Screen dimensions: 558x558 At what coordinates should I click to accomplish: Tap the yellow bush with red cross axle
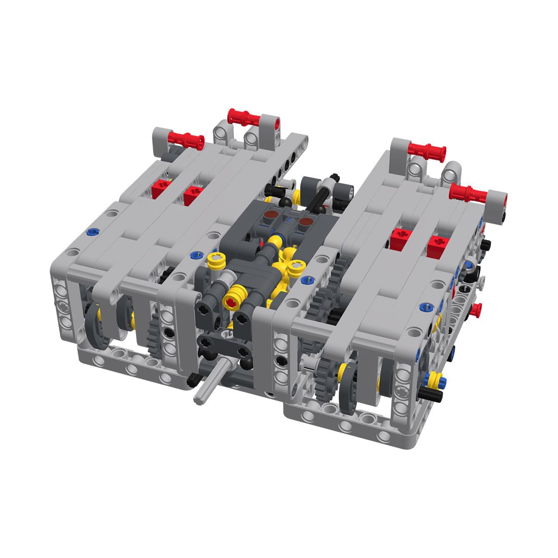coord(232,303)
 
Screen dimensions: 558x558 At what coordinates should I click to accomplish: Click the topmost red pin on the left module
coord(245,118)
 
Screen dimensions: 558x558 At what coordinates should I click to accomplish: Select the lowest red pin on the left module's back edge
coord(185,140)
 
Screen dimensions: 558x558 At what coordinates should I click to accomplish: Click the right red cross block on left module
coord(193,194)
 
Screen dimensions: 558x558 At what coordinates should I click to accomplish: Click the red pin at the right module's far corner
coord(468,192)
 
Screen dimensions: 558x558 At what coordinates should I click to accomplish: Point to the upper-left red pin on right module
coord(427,150)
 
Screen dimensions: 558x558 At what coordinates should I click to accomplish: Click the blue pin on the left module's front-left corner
coord(91,232)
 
